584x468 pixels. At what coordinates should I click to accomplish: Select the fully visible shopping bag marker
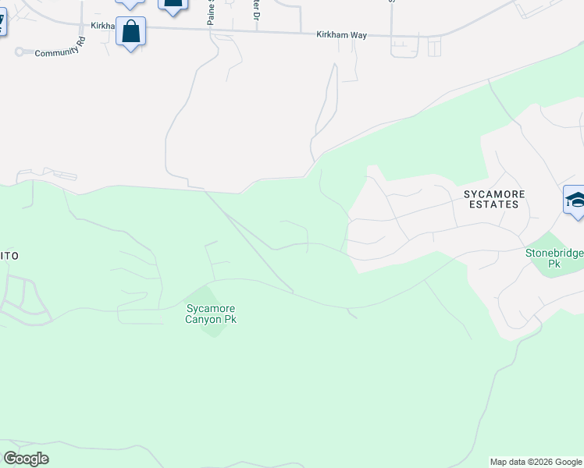[131, 33]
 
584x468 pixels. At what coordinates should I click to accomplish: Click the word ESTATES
[494, 204]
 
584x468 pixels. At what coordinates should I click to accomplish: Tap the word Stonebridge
[554, 253]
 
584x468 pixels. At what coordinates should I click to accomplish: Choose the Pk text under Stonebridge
[554, 264]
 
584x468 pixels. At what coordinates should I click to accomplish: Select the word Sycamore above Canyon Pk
[211, 309]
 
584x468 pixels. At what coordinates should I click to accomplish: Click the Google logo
[26, 459]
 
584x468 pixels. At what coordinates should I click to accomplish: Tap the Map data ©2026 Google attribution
[536, 462]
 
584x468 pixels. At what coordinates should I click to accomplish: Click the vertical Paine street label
[211, 12]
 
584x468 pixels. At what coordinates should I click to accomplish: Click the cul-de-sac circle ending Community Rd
[19, 53]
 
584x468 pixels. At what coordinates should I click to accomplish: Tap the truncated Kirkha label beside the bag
[102, 27]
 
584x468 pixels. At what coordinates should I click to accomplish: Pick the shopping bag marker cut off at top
[173, 5]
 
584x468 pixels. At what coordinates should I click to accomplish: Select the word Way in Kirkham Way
[358, 35]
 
